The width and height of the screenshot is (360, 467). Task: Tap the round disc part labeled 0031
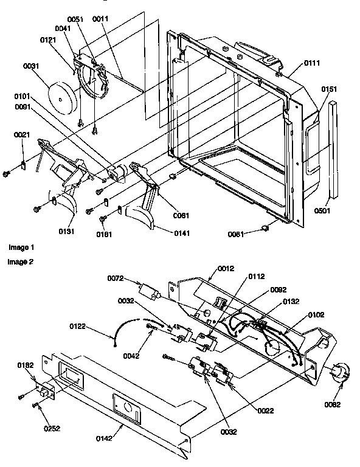pos(63,95)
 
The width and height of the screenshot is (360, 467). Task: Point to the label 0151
pos(329,89)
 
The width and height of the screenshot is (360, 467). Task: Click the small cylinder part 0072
pos(150,291)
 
